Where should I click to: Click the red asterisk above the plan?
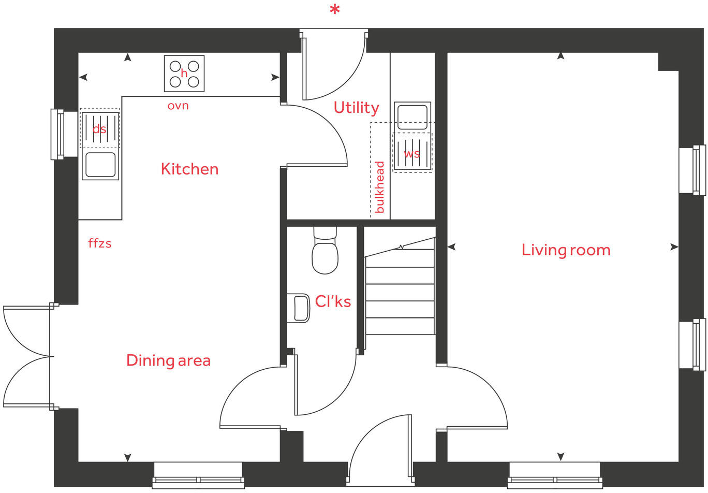[335, 10]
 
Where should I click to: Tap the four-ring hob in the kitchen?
[184, 74]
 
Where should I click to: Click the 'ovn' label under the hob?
[178, 106]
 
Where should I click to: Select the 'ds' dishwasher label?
[99, 129]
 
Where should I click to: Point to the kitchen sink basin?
[100, 165]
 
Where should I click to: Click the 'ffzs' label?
[100, 243]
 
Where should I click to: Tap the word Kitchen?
[189, 169]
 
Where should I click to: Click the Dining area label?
[168, 360]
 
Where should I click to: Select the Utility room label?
[356, 108]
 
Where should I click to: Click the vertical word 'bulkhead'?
[380, 187]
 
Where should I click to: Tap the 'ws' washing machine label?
[412, 154]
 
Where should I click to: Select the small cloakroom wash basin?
[299, 308]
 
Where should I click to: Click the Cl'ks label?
[333, 301]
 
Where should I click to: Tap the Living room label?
[566, 250]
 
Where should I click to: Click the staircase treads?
[400, 293]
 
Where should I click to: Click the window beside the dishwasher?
[57, 134]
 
